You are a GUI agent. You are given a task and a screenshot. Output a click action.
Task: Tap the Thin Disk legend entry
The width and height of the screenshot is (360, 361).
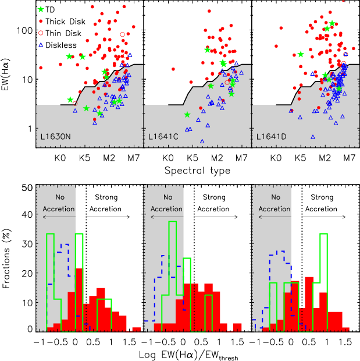[63, 33]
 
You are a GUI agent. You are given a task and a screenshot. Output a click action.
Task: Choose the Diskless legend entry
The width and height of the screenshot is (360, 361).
[62, 44]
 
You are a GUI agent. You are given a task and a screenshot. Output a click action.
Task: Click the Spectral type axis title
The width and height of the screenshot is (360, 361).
[198, 171]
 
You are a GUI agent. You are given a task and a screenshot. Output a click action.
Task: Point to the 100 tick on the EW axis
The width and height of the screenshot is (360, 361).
[26, 30]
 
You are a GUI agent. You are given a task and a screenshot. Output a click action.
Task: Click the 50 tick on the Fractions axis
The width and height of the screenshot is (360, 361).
[26, 188]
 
